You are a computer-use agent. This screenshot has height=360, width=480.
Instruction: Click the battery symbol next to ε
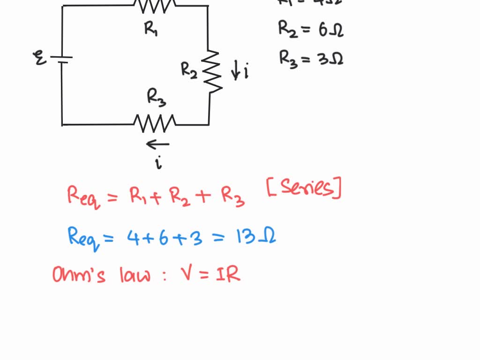tap(61, 60)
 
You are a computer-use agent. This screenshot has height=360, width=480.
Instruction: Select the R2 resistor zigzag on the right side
tap(212, 71)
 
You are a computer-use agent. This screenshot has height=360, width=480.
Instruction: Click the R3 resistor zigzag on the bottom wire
tap(155, 123)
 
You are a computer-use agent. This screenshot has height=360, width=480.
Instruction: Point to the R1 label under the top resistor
tap(151, 29)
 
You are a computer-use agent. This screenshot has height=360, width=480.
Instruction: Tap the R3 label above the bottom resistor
tap(157, 97)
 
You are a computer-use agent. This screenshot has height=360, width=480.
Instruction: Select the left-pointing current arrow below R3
tap(157, 144)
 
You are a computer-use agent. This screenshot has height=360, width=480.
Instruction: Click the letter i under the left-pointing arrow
tap(159, 163)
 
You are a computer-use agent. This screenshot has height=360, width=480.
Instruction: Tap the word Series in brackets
tap(304, 189)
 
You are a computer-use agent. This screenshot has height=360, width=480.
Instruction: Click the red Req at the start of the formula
tap(83, 196)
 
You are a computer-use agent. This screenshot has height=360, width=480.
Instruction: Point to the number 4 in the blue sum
tap(132, 237)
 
